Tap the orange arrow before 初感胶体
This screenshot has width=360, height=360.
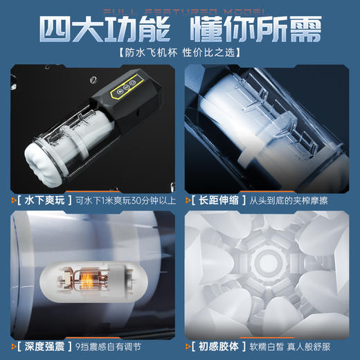click(188, 344)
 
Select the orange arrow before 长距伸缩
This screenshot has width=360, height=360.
click(188, 199)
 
